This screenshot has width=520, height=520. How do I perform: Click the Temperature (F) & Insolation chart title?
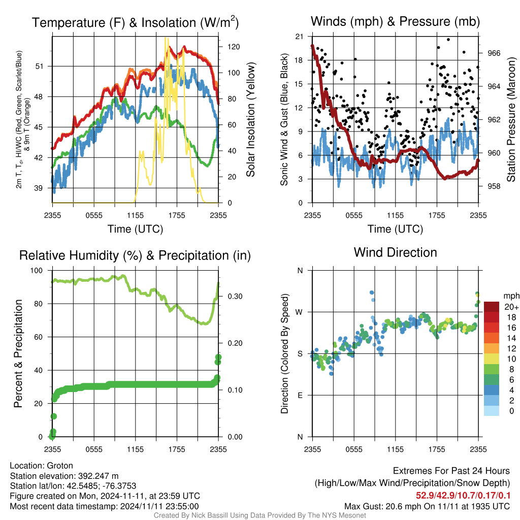pos(135,22)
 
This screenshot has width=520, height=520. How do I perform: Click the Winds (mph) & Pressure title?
pos(395,21)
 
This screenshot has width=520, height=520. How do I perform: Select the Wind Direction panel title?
pos(395,252)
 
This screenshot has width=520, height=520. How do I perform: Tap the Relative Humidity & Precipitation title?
pos(135,255)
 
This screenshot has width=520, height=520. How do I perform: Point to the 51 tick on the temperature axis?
pos(39,67)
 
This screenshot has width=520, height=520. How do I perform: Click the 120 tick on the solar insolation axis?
pos(234,47)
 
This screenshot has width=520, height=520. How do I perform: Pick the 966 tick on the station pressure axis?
pos(494,53)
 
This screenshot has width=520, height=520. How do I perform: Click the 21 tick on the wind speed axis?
pos(299,37)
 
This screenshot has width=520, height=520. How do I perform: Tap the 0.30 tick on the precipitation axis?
pos(235,296)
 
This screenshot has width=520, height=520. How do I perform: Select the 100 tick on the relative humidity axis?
pos(37,270)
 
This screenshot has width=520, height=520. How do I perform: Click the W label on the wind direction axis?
pos(299,312)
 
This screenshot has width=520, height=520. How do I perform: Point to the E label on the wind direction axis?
pos(300,395)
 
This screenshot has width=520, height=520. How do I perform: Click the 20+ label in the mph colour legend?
pos(511,307)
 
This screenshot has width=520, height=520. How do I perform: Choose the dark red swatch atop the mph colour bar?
pos(492,307)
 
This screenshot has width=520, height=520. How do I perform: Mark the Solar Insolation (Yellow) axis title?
pos(251,119)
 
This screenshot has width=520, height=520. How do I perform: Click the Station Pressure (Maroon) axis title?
pos(511,119)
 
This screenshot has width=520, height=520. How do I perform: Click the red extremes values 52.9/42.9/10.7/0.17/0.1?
pos(463,495)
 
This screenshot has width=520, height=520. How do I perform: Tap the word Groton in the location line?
pos(60,466)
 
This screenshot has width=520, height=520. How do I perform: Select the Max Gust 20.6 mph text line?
pos(427,506)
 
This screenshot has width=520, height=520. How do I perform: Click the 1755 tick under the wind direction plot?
pos(437,449)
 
